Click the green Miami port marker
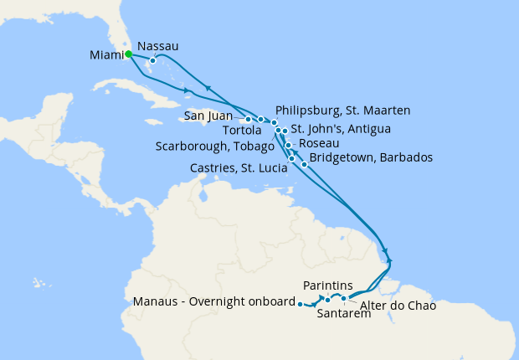coord(129,54)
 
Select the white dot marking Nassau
coord(152,61)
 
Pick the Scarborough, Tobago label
coord(215,147)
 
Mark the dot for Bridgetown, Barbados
coord(304,164)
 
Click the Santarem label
coord(344,315)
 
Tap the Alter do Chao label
coord(397,306)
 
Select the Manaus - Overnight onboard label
coord(213,301)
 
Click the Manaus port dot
coord(299,305)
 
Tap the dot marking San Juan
coord(248,119)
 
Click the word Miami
coord(105,56)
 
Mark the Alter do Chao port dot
coord(344,298)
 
